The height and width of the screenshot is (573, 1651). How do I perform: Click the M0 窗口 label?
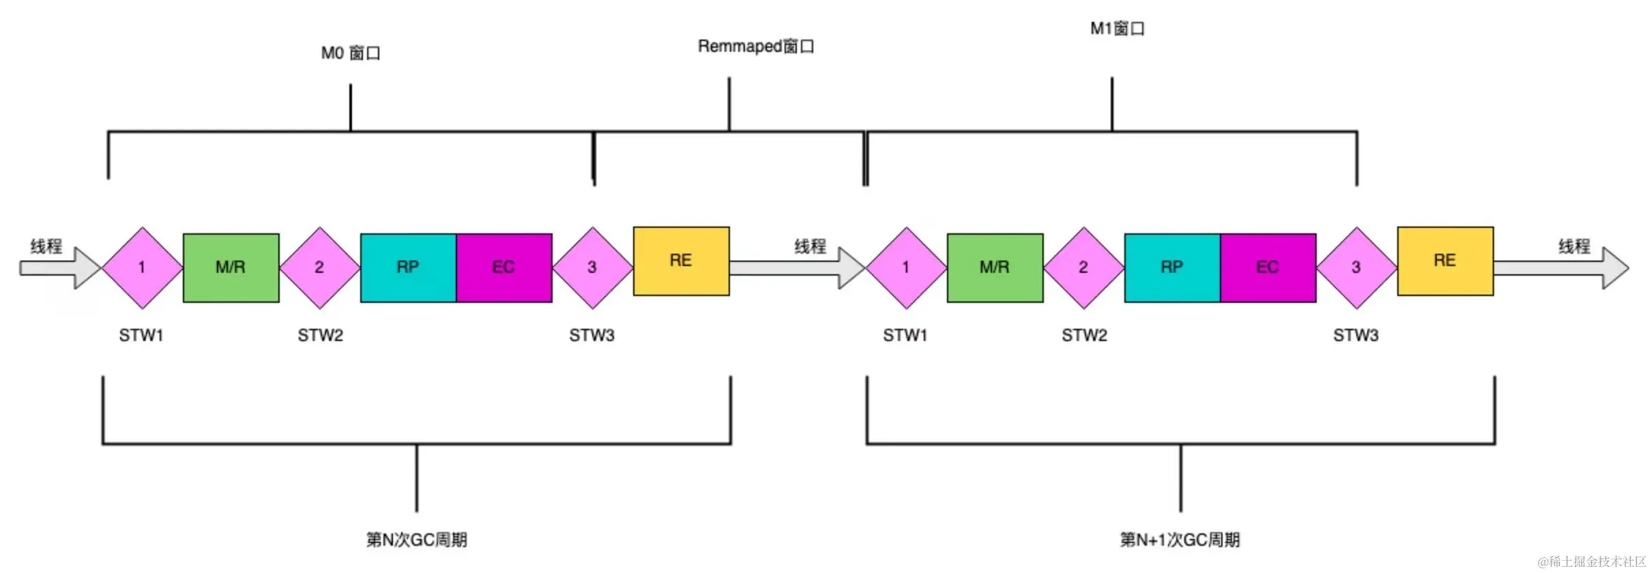pyautogui.click(x=351, y=53)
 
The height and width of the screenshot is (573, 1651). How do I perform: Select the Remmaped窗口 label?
pyautogui.click(x=756, y=46)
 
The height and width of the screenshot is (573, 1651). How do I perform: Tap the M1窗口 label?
pyautogui.click(x=1117, y=29)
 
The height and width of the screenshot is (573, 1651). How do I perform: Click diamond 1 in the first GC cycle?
pyautogui.click(x=142, y=267)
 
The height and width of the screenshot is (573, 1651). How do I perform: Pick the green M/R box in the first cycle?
pyautogui.click(x=231, y=267)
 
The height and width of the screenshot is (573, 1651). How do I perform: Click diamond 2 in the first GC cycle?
pyautogui.click(x=319, y=267)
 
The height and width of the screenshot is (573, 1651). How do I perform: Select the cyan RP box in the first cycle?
pyautogui.click(x=408, y=267)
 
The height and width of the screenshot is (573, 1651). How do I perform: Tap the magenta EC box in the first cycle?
pyautogui.click(x=503, y=267)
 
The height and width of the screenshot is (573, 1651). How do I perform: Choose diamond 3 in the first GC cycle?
pyautogui.click(x=592, y=267)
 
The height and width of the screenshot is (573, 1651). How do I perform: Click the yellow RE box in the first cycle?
pyautogui.click(x=681, y=261)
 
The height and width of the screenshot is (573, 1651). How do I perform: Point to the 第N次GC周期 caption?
pyautogui.click(x=416, y=540)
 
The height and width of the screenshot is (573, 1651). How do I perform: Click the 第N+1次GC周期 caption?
pyautogui.click(x=1180, y=540)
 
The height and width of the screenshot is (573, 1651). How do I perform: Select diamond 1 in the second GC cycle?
pyautogui.click(x=906, y=267)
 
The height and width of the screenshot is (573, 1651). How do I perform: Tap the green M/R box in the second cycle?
pyautogui.click(x=995, y=267)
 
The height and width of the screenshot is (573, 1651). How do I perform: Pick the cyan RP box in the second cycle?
pyautogui.click(x=1172, y=267)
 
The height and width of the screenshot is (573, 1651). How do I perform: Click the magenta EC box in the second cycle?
pyautogui.click(x=1268, y=267)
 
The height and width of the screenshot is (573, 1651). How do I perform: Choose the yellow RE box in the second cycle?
pyautogui.click(x=1445, y=261)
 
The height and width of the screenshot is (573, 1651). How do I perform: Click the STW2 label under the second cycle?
pyautogui.click(x=1084, y=336)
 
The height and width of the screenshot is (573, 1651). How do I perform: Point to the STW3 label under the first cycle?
pyautogui.click(x=592, y=336)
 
